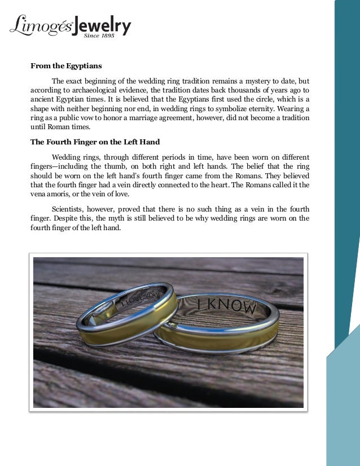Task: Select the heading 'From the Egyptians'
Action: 66,66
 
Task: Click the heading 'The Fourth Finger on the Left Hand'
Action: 95,142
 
